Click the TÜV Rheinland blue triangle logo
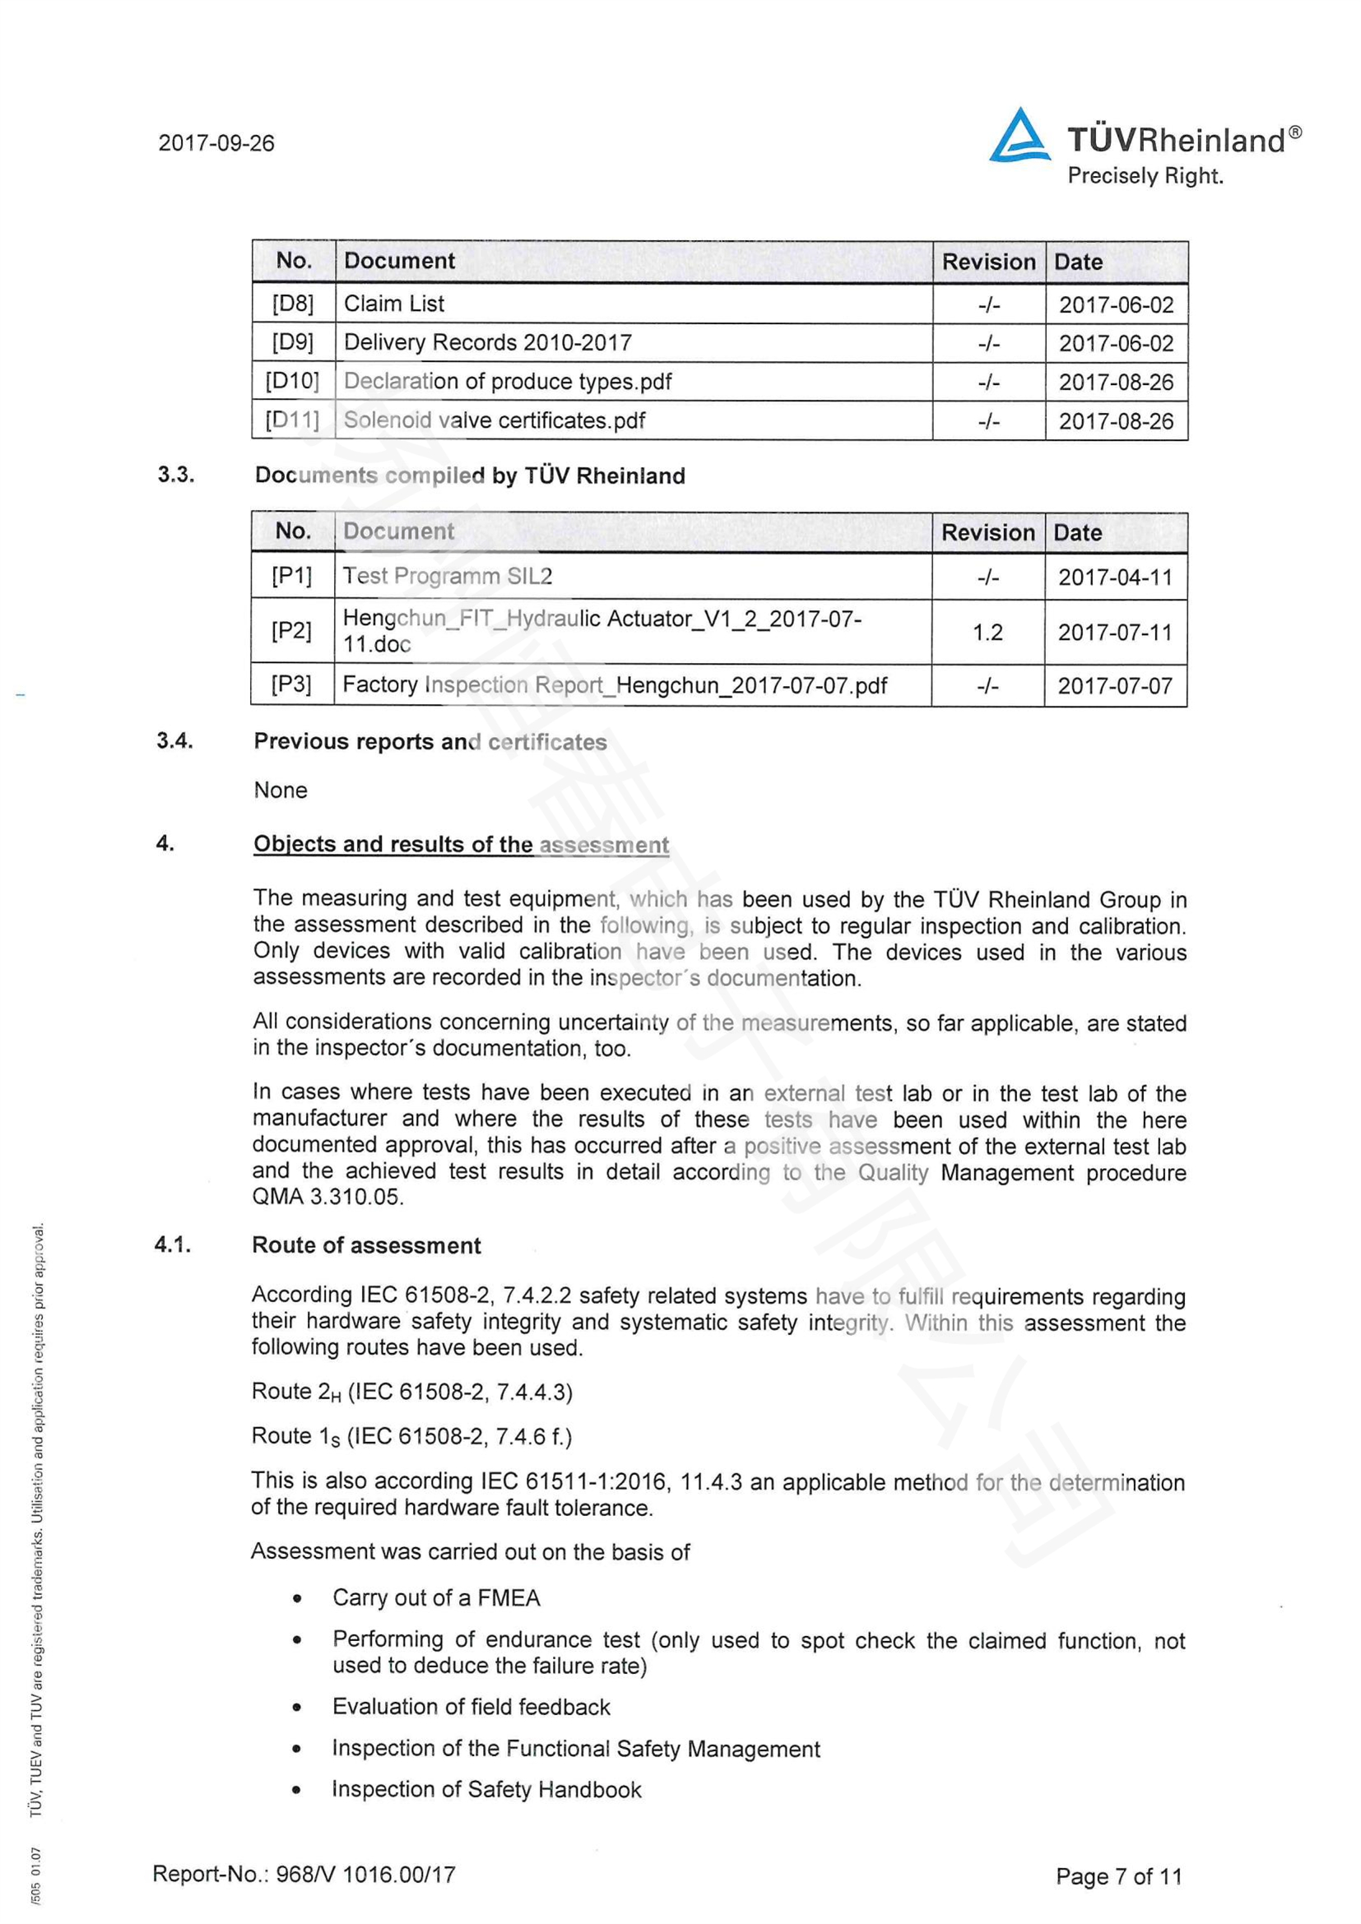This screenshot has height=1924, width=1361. point(1019,136)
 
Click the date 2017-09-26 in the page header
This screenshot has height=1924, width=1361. point(216,143)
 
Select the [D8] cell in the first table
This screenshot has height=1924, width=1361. point(292,304)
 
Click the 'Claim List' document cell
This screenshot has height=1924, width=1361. point(394,304)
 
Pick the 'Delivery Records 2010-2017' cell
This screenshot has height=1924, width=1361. point(488,343)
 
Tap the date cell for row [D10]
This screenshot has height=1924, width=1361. point(1116,382)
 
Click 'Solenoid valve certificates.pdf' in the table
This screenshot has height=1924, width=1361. point(495,420)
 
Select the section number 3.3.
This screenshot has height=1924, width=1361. point(176,475)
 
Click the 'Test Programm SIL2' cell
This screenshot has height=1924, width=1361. point(448,577)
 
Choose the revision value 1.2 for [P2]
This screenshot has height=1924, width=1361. point(987,632)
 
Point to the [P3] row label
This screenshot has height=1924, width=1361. point(290,684)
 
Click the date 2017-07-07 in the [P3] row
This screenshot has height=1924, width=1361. point(1115,686)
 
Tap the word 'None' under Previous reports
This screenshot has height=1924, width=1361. point(281,790)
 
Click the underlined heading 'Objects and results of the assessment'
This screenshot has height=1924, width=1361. point(461,844)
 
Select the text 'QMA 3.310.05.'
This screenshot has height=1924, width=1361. point(327,1197)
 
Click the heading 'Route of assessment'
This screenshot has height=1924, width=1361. point(366,1245)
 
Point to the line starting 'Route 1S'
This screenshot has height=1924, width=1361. point(411,1436)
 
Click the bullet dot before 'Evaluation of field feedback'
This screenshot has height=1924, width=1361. point(297,1707)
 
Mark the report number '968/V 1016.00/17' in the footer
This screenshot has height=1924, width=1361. point(365,1874)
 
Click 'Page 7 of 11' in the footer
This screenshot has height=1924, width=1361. point(1118,1876)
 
